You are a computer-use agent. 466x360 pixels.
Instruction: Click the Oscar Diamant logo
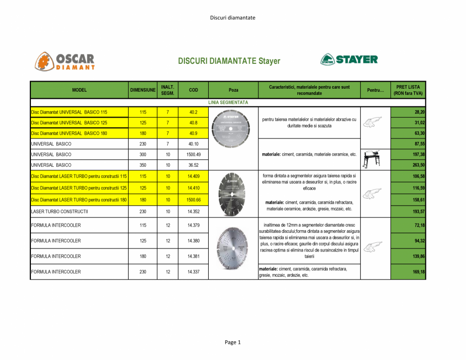[x=64, y=61]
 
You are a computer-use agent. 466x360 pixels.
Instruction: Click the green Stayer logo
[x=349, y=59]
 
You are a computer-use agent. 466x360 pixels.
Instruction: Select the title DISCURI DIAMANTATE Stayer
[x=229, y=61]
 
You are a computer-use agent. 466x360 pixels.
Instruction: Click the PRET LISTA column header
[x=408, y=90]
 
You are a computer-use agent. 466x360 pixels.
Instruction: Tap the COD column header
[x=193, y=90]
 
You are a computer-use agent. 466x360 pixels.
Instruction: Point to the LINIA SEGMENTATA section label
[x=228, y=102]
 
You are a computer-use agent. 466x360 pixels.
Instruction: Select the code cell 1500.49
[x=193, y=154]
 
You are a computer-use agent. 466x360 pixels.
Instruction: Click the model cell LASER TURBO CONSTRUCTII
[x=60, y=211]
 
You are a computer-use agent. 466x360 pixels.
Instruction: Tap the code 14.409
[x=193, y=176]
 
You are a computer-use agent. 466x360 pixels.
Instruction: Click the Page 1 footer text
[x=232, y=342]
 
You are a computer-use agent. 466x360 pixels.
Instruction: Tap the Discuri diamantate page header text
[x=232, y=18]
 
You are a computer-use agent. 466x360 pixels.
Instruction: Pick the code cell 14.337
[x=193, y=272]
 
